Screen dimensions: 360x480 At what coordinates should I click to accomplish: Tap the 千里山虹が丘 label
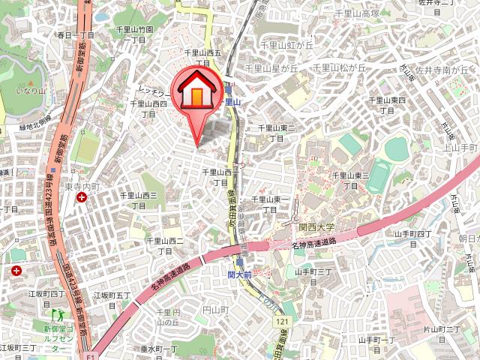coord(285,44)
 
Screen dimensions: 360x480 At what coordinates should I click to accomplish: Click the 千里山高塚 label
coord(357,13)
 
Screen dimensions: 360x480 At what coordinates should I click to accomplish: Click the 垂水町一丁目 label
coord(158,349)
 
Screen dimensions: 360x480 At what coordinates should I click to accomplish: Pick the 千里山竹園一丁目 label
coord(134,34)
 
